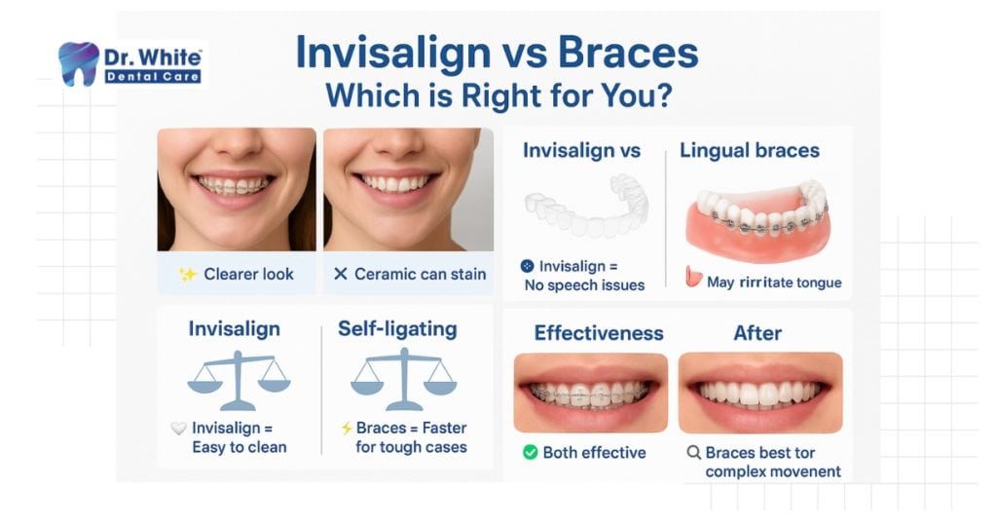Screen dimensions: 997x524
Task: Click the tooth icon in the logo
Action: (x=78, y=63)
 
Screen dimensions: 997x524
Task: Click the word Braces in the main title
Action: (x=628, y=53)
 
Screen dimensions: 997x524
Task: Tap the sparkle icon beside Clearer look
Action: (x=188, y=274)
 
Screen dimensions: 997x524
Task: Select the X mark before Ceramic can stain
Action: (x=341, y=274)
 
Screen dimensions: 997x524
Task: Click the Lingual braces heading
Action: (x=750, y=151)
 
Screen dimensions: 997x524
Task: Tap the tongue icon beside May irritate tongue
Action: (x=693, y=277)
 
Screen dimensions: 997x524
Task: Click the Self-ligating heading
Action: (x=397, y=329)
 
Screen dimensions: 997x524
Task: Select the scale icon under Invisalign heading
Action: (x=239, y=380)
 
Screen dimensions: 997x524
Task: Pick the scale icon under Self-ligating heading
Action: (x=404, y=380)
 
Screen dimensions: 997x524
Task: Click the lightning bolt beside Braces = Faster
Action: (x=347, y=428)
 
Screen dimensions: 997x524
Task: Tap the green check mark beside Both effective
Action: (x=531, y=452)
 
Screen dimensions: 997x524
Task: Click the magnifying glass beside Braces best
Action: (x=693, y=453)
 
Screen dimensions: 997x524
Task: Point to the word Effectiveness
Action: (x=599, y=333)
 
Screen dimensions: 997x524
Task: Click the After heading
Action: (x=757, y=333)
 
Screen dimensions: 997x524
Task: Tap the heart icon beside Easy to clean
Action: (x=179, y=428)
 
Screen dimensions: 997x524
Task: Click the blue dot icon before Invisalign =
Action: (x=527, y=267)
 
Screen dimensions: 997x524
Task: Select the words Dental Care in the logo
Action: (x=153, y=77)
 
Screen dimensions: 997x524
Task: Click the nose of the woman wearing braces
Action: (x=238, y=145)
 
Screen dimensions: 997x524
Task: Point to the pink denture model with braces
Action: (x=757, y=219)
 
